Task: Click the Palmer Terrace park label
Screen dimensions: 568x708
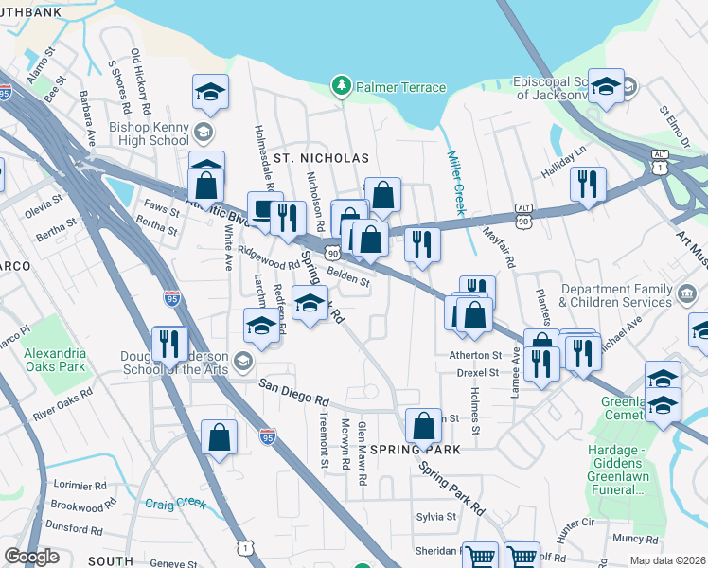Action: coord(399,87)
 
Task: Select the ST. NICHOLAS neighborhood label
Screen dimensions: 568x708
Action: coord(319,157)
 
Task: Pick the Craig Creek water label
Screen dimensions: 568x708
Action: coord(175,503)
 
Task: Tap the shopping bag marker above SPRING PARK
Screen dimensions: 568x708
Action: coord(423,426)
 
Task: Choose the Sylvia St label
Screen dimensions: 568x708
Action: coord(436,517)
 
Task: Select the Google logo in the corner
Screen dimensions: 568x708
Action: coord(32,557)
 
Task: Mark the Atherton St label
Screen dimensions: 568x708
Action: coord(474,355)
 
